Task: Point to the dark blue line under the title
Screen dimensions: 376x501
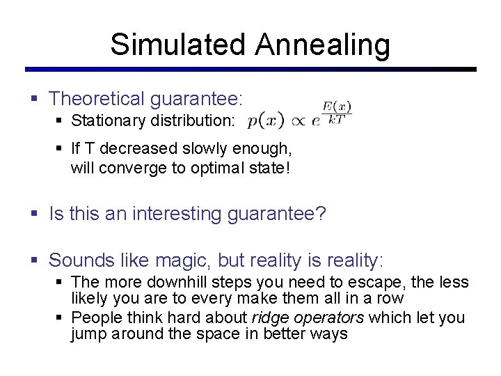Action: click(250, 70)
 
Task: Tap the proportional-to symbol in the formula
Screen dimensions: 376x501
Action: click(299, 120)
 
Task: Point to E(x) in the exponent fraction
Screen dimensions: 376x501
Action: click(337, 107)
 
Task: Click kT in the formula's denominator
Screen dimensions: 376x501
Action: click(337, 120)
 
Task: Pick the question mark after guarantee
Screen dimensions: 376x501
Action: click(320, 214)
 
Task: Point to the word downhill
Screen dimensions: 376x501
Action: click(167, 283)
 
